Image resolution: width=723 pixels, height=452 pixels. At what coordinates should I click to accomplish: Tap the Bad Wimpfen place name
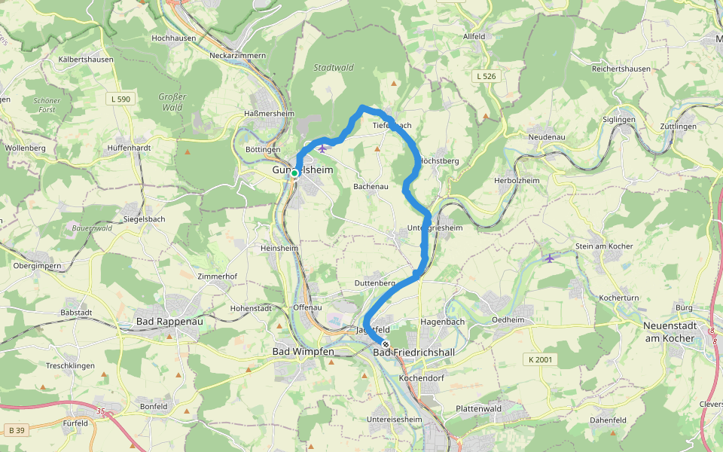tap(304, 352)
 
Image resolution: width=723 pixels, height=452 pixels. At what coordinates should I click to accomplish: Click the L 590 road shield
tap(120, 99)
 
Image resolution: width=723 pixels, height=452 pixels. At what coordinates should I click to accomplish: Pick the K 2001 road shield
tap(540, 359)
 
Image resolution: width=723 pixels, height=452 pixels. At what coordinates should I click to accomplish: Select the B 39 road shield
tap(16, 429)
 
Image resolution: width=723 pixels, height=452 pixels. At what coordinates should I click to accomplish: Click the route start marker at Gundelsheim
tap(295, 173)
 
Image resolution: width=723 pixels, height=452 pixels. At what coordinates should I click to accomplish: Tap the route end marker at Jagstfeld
tap(386, 344)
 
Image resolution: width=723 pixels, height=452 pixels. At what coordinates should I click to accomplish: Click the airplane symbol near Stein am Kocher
tap(550, 258)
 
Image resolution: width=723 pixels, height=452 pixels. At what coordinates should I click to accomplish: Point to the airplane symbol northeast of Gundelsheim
tap(323, 148)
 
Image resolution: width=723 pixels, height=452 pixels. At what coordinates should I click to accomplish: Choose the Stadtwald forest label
tap(334, 68)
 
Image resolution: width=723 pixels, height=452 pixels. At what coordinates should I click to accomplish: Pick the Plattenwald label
tap(479, 408)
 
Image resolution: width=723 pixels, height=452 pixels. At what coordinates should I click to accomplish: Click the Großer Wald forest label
tap(172, 102)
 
